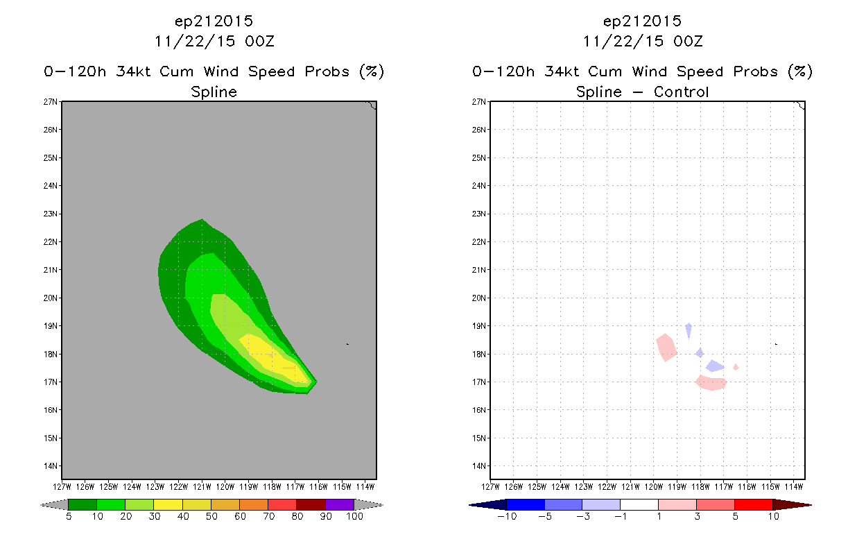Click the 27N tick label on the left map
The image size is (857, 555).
coord(50,102)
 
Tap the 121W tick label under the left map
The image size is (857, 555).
coord(202,487)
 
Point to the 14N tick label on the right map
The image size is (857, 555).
coord(478,466)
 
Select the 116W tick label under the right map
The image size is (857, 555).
coord(747,487)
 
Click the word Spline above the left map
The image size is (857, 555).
coord(214,92)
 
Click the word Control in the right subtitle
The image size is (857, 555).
coord(681,92)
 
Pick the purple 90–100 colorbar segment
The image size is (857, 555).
coord(340,504)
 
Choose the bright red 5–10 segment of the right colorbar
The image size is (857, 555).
coord(754,504)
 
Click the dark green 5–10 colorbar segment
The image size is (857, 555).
coord(83,504)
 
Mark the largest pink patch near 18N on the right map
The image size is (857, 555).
coord(666,347)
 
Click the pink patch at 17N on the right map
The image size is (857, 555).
coord(711,383)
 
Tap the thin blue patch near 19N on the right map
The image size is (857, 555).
coord(689,330)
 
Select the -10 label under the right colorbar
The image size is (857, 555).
coord(507,517)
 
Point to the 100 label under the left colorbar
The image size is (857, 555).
coord(354,517)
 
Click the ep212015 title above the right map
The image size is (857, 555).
coord(642,22)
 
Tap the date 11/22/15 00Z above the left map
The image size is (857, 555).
coord(214,42)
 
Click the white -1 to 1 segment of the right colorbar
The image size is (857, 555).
coord(639,504)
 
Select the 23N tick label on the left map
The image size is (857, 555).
coord(50,214)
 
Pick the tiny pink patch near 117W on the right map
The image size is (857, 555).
coord(736,368)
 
